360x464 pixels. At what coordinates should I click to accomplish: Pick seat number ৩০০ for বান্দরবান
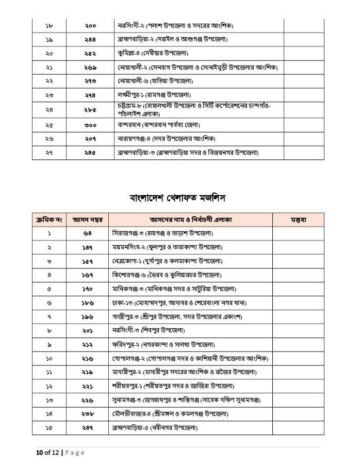point(91,125)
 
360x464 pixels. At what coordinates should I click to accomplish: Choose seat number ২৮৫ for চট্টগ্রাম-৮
point(91,109)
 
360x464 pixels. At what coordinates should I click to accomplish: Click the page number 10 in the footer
point(32,453)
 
